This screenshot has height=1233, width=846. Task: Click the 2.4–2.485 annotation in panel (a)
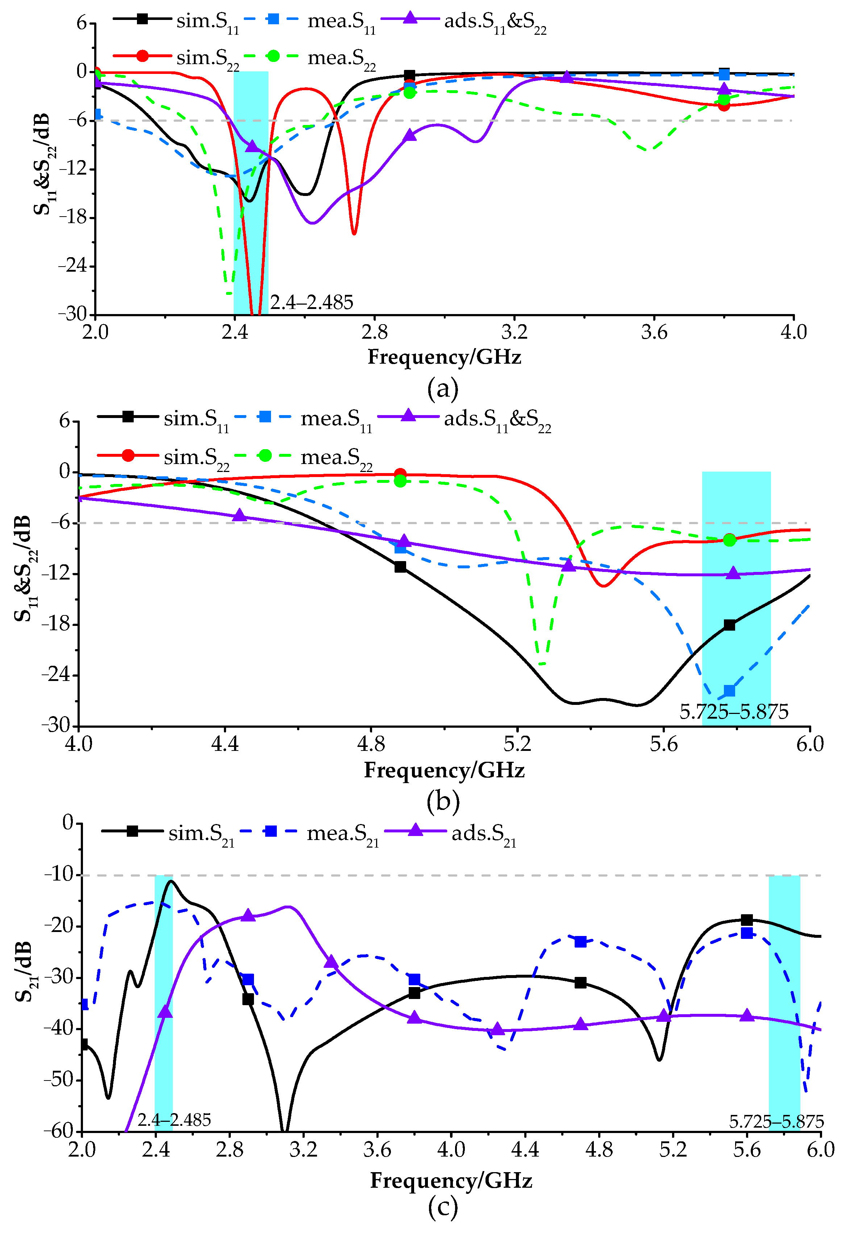pyautogui.click(x=312, y=302)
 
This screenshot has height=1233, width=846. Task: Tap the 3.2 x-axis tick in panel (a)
pyautogui.click(x=514, y=332)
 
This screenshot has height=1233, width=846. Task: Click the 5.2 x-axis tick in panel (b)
pyautogui.click(x=517, y=744)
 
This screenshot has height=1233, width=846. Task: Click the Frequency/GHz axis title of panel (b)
pyautogui.click(x=444, y=770)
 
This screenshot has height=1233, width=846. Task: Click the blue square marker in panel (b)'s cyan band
pyautogui.click(x=729, y=691)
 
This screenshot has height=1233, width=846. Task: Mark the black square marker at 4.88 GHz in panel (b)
pyautogui.click(x=400, y=567)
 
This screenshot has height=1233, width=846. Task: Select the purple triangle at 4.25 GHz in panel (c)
pyautogui.click(x=497, y=1030)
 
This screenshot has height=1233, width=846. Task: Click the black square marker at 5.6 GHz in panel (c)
pyautogui.click(x=747, y=919)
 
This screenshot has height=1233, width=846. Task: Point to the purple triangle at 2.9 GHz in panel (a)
pyautogui.click(x=409, y=136)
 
